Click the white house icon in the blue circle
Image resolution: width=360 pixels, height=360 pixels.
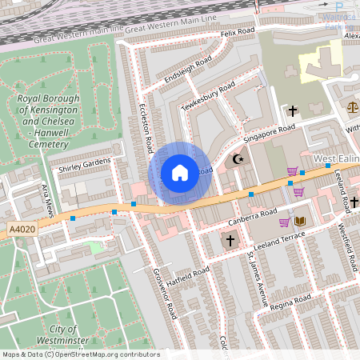coord(180,172)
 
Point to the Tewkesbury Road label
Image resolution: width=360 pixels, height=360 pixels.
coord(208,96)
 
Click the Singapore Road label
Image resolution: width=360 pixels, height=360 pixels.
coord(270,132)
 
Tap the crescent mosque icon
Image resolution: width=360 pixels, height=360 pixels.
coord(237,159)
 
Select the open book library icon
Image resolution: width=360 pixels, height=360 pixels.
coord(300,222)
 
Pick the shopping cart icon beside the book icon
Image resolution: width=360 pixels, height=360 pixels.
coord(284,222)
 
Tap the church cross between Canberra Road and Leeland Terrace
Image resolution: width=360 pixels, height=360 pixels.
coord(230,240)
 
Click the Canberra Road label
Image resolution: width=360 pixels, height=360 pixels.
coord(252,217)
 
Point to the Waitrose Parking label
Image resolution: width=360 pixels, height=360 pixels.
coord(338,20)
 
